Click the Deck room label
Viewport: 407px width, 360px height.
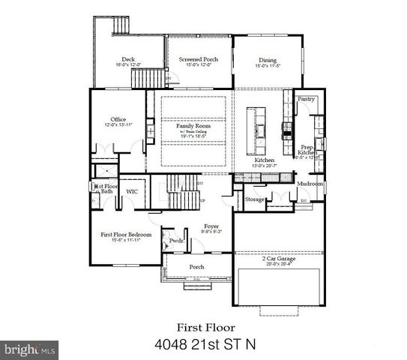pyautogui.click(x=128, y=60)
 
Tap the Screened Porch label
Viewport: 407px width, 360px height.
pyautogui.click(x=197, y=60)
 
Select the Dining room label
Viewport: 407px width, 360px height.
pyautogui.click(x=268, y=60)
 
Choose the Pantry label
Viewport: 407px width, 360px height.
pyautogui.click(x=305, y=99)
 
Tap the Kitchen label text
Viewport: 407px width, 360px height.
pyautogui.click(x=262, y=160)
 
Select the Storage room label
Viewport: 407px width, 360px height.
pyautogui.click(x=255, y=199)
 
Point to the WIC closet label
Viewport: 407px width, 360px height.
pyautogui.click(x=132, y=192)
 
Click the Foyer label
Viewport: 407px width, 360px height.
pyautogui.click(x=211, y=226)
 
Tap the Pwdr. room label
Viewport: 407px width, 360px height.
pyautogui.click(x=177, y=241)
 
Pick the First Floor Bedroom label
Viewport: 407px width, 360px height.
pyautogui.click(x=126, y=235)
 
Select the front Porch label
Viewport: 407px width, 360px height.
pyautogui.click(x=196, y=267)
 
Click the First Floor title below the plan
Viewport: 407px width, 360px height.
pyautogui.click(x=205, y=327)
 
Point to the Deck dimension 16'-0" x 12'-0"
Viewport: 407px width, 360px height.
pyautogui.click(x=128, y=66)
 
